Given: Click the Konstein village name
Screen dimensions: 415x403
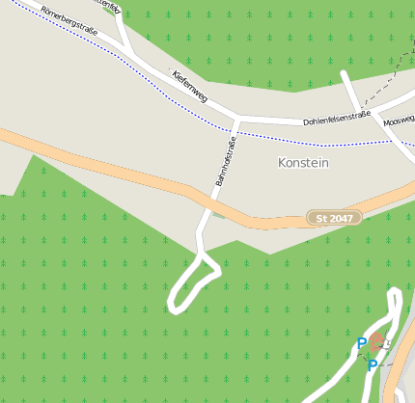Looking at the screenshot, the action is pyautogui.click(x=303, y=163).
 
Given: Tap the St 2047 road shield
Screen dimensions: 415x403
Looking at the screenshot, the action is pyautogui.click(x=334, y=218).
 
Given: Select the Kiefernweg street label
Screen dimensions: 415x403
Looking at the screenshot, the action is pyautogui.click(x=190, y=87).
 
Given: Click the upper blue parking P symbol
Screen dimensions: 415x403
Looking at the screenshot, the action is pyautogui.click(x=362, y=343).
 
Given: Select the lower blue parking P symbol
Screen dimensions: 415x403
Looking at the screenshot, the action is pyautogui.click(x=372, y=365).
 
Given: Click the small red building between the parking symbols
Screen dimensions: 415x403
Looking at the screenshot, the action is pyautogui.click(x=377, y=342).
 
